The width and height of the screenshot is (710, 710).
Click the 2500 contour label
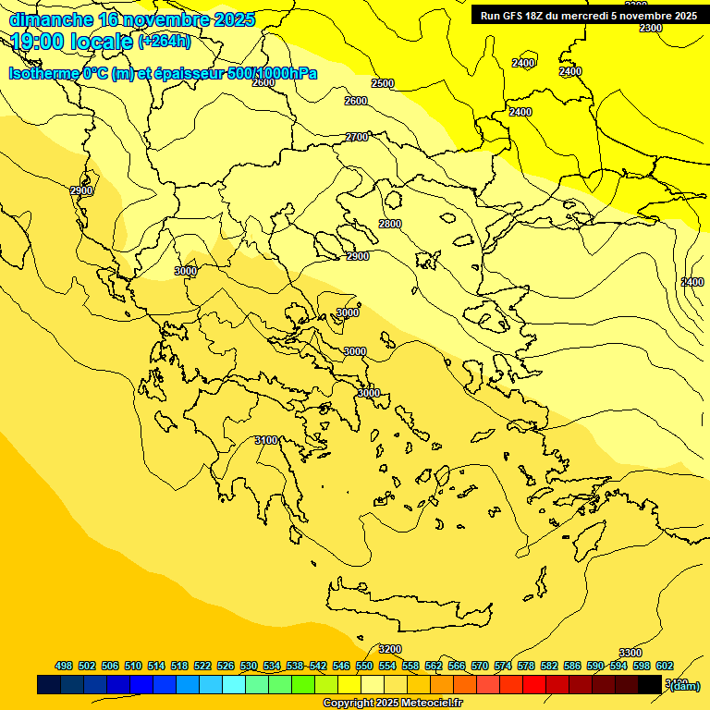pos(382,83)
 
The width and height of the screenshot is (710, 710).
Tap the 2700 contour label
pos(357,137)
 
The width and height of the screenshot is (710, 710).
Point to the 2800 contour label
pos(390,224)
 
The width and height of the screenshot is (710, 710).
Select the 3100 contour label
pos(265,440)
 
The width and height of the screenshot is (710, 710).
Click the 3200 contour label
pos(390,649)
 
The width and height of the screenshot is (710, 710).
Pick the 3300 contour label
pos(630,653)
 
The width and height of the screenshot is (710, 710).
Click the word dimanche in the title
pos(52,19)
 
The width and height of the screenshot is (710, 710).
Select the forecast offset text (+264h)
pos(165,42)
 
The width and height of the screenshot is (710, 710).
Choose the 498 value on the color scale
pos(64,666)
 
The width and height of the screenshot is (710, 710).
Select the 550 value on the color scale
pos(364,666)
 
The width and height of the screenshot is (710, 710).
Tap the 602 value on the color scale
pos(665,666)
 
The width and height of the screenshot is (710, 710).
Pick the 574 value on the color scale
pos(503,666)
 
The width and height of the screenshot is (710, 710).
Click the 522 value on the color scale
pos(202,666)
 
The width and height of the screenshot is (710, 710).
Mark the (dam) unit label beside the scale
pos(685,685)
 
